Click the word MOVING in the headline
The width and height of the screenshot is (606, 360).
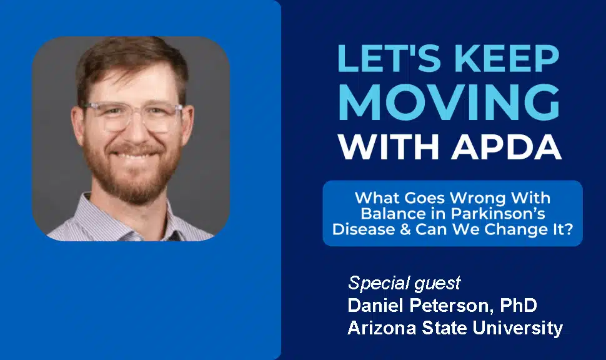449,102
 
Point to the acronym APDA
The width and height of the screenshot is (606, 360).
506,147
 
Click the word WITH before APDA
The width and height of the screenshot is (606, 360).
389,147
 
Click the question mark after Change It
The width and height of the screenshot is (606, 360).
568,229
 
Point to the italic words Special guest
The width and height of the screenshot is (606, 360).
404,283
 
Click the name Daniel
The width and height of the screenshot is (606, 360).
376,305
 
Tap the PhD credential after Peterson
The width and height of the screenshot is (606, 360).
519,305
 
